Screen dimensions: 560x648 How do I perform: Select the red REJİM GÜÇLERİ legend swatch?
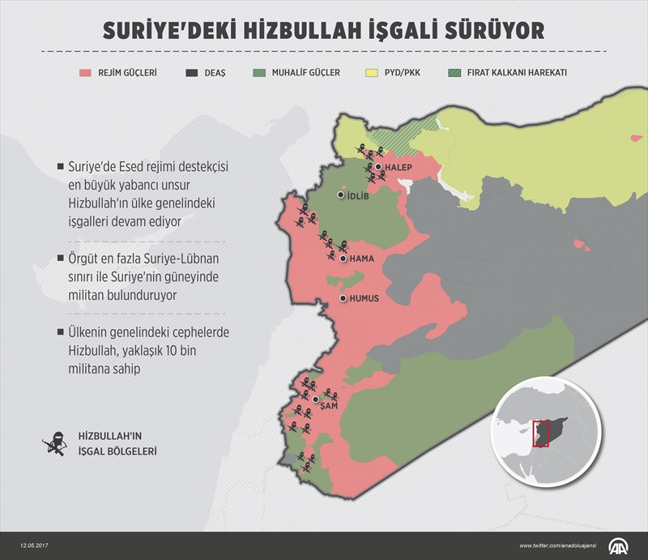(88, 72)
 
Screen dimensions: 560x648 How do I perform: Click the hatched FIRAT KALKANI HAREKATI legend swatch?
(457, 72)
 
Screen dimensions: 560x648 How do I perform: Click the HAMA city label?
(360, 259)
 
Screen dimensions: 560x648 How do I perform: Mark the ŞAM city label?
(329, 405)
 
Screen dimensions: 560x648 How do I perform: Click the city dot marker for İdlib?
(340, 195)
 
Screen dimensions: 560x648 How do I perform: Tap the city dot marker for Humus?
(343, 299)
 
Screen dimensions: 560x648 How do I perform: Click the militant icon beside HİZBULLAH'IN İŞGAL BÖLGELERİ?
(54, 443)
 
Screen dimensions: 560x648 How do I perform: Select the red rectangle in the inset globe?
(542, 434)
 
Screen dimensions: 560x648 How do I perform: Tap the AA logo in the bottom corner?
(624, 545)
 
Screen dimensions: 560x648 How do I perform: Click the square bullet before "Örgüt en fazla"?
(61, 258)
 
